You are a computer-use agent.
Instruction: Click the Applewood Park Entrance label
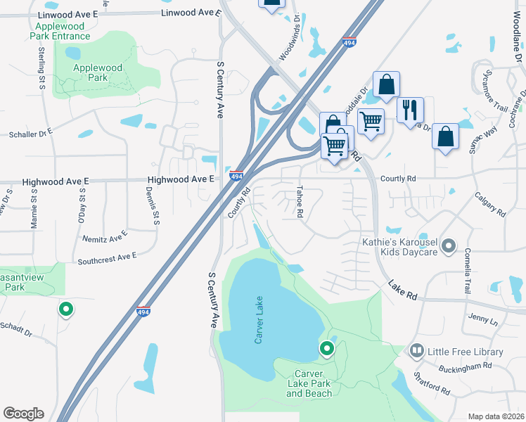[62, 31]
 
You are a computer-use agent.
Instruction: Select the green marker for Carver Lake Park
[326, 348]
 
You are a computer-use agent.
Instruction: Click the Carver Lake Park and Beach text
[309, 383]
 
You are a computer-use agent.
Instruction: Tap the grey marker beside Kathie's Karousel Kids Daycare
[449, 247]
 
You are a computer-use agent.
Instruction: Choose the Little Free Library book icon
[416, 351]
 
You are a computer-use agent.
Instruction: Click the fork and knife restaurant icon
[410, 110]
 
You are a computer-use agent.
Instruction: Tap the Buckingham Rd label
[468, 367]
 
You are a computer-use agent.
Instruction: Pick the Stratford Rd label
[431, 383]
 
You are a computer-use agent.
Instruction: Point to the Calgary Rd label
[489, 204]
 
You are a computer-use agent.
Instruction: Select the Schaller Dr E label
[30, 133]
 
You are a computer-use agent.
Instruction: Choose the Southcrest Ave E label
[107, 258]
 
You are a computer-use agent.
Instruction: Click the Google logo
[23, 414]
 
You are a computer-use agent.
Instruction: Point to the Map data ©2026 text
[496, 416]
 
